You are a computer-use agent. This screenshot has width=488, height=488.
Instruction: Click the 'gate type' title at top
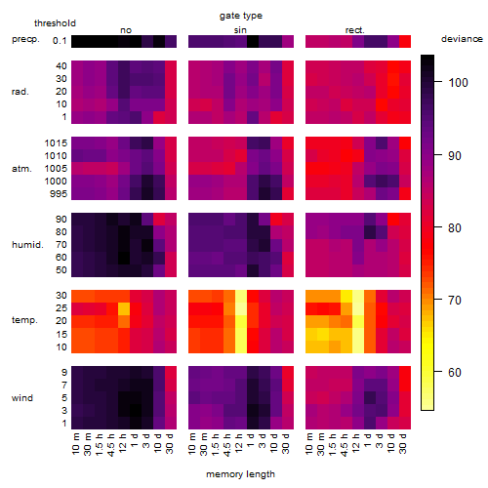point(241,16)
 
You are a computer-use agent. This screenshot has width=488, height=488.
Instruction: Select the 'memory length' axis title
point(240,474)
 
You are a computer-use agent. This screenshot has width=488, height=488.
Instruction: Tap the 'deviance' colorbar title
point(462,39)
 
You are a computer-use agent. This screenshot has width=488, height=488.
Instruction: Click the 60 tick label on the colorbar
point(455,372)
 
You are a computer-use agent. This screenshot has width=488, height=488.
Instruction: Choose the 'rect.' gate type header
point(355,30)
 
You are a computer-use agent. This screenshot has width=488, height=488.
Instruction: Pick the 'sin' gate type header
point(240,30)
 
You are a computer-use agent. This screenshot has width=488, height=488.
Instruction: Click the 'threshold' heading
point(55,23)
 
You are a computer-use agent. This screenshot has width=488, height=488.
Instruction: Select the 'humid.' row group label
point(27,245)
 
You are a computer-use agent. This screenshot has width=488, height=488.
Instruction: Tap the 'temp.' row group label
point(24,320)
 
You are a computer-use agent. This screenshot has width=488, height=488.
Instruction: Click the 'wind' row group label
point(22,398)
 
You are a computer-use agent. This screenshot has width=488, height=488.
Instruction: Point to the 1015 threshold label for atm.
point(56,143)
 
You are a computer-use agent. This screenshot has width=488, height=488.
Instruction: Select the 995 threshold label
point(59,194)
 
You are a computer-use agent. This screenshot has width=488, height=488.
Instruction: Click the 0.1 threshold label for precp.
point(60,41)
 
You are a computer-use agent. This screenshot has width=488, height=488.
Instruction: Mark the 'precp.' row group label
point(25,39)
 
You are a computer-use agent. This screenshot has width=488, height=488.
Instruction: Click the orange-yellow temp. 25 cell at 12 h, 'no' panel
point(124,309)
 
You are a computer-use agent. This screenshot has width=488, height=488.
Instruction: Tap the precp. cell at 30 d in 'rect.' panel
point(405,41)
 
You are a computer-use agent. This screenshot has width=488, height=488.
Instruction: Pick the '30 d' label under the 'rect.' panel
point(403,443)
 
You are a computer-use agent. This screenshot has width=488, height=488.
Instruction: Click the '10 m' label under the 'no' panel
point(75,444)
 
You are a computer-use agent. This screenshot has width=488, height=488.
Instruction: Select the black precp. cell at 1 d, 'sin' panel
point(253,41)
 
